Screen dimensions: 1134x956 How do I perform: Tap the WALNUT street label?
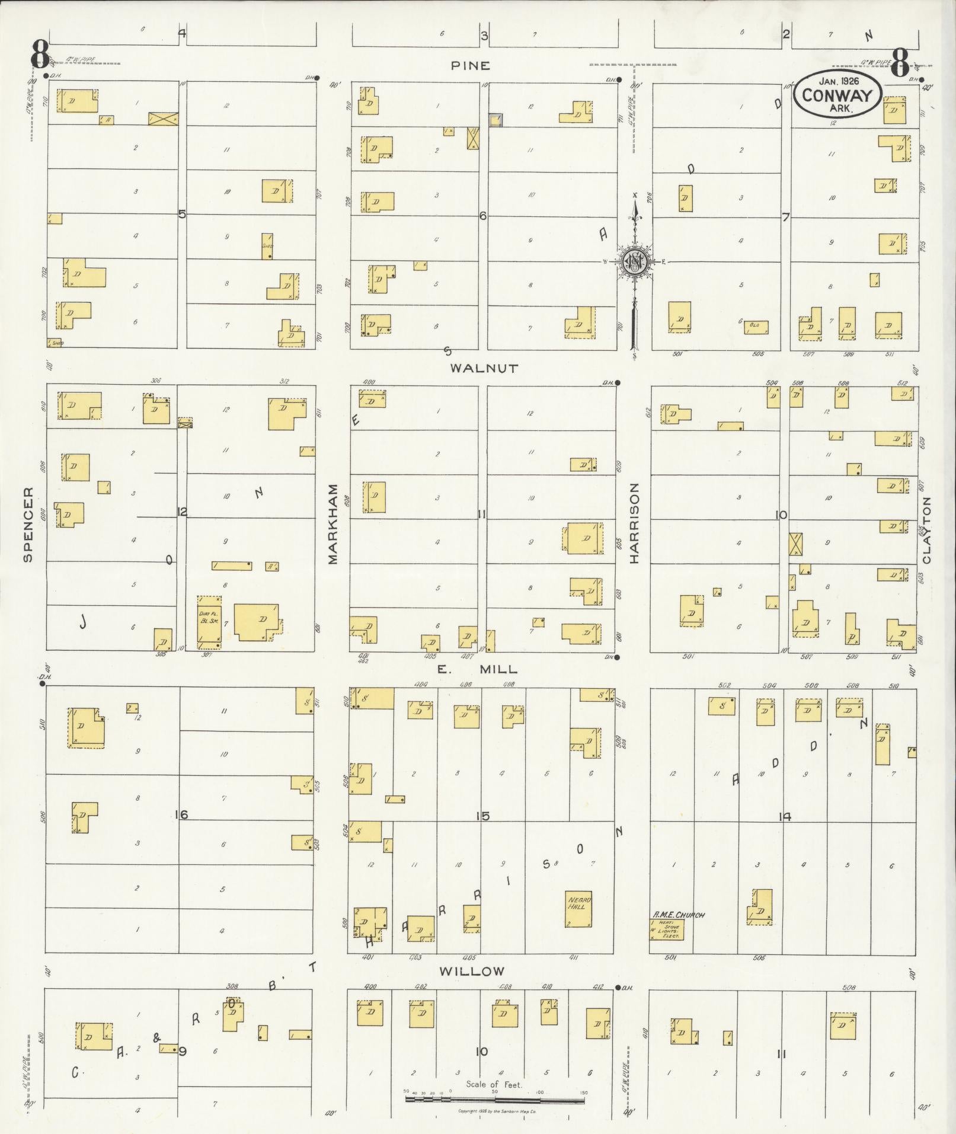click(x=484, y=368)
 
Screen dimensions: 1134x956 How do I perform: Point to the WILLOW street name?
click(x=472, y=971)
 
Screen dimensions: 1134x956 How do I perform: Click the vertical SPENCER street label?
click(x=28, y=524)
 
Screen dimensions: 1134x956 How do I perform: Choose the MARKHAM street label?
click(x=332, y=524)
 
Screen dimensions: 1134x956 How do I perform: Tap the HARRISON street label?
click(x=635, y=523)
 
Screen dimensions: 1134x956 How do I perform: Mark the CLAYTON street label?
click(x=926, y=530)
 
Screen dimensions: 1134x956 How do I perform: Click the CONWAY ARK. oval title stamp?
click(x=837, y=95)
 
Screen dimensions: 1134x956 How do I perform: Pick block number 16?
click(x=181, y=815)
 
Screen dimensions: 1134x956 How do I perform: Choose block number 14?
click(x=785, y=816)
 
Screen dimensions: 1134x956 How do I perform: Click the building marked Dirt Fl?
click(x=209, y=627)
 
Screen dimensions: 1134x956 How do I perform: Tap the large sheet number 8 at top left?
click(x=40, y=57)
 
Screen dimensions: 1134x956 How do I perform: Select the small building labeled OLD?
click(x=756, y=327)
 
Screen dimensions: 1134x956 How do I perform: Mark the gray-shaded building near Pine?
click(x=495, y=120)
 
